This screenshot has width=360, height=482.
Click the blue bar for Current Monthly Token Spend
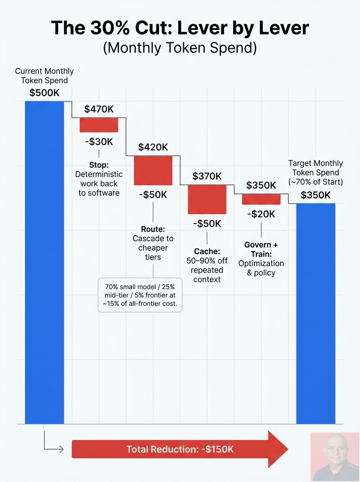44,262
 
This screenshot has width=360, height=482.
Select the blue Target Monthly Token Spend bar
316,314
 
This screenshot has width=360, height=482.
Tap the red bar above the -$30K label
99,125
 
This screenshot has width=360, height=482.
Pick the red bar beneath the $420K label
153,170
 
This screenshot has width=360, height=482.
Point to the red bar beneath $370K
207,199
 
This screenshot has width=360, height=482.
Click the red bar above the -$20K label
261,199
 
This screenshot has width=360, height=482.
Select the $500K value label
44,93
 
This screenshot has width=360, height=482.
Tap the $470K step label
99,109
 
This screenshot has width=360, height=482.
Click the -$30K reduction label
99,142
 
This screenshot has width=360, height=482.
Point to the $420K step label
153,147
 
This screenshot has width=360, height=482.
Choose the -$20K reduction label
261,214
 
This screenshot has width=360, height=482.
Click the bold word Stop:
99,165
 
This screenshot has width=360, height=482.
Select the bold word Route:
153,229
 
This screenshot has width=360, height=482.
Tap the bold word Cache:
207,251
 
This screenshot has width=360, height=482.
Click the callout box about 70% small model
140,295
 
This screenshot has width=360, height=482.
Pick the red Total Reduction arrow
180,449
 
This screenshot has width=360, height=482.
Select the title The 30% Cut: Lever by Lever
180,28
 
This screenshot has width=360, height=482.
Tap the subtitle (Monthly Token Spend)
180,47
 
